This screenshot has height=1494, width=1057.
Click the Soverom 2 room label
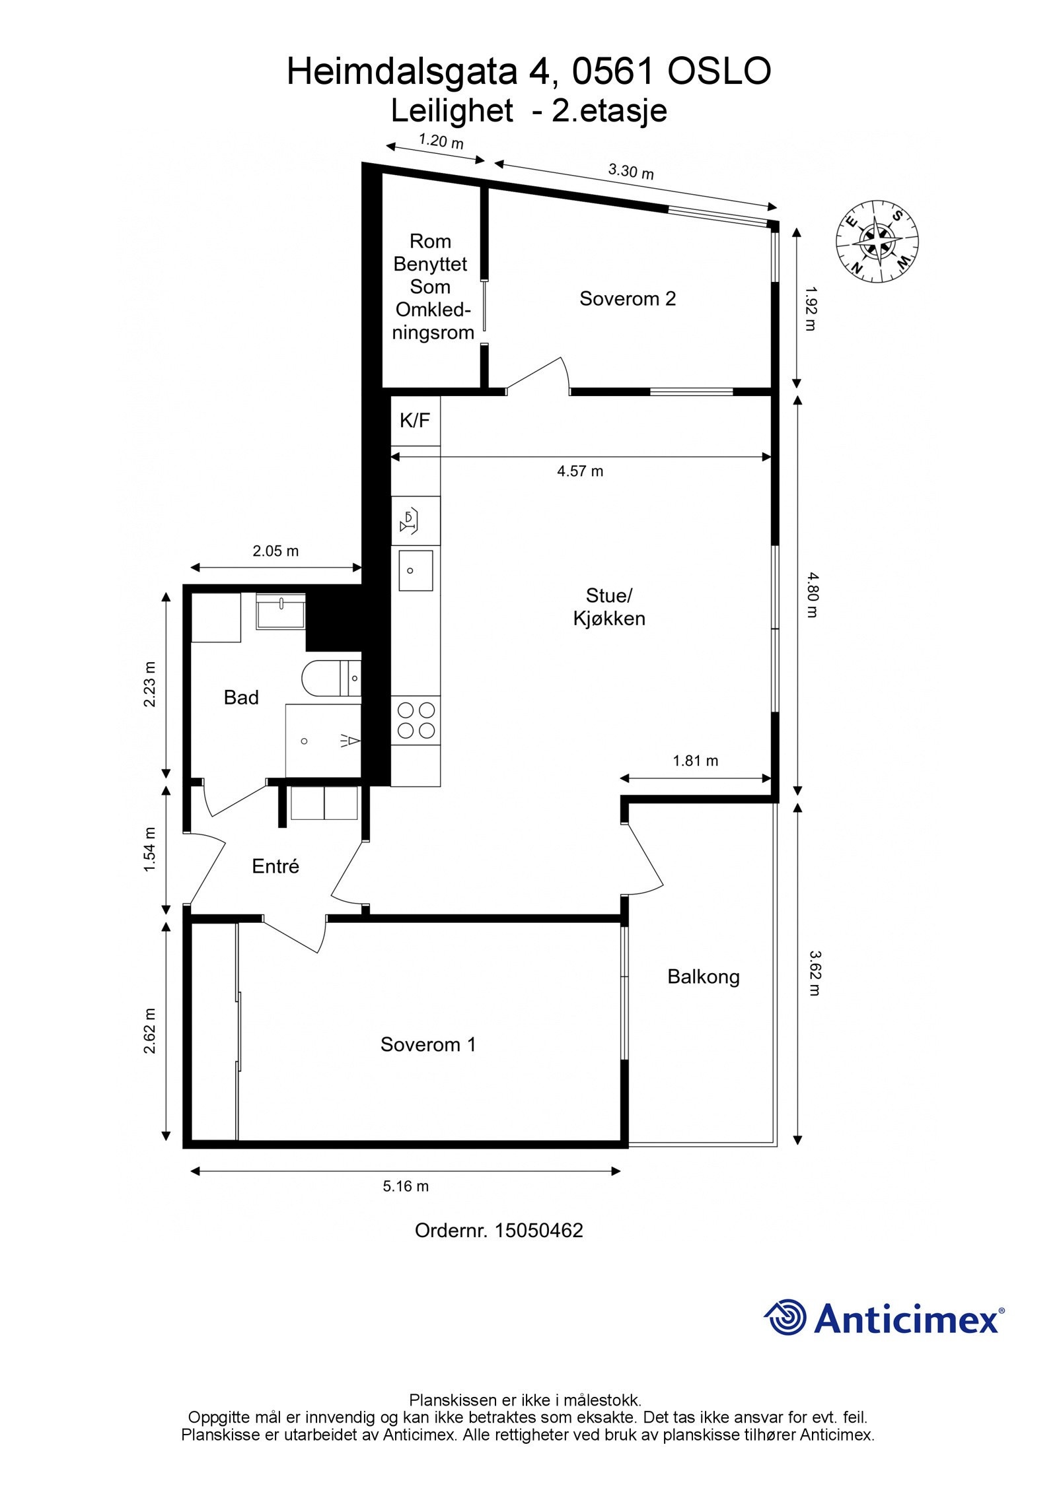coord(627,299)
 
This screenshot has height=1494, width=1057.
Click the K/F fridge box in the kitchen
coord(415,420)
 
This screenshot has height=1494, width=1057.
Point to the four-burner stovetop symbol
coord(416,720)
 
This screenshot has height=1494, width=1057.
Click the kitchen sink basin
coord(416,570)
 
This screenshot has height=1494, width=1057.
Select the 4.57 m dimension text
coord(579,471)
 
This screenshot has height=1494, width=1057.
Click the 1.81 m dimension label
coord(695,761)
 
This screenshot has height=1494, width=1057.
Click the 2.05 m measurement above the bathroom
coord(275,551)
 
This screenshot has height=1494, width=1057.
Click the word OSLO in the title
coord(719,72)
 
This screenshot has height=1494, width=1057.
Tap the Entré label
coord(275,866)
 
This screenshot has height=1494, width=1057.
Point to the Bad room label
coord(241,697)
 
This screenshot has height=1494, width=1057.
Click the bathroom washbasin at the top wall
coord(281,611)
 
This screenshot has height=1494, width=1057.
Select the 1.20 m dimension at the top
coord(441,141)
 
